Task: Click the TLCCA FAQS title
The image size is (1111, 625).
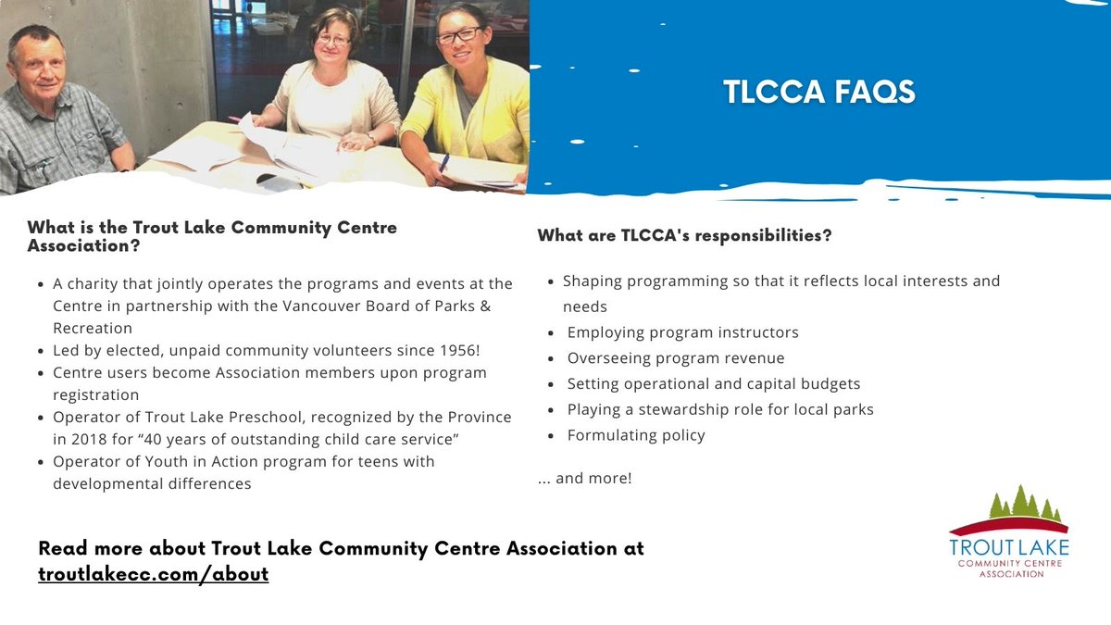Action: pyautogui.click(x=818, y=92)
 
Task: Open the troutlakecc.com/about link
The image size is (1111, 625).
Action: pyautogui.click(x=153, y=574)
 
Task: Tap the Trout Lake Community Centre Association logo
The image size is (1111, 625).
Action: pyautogui.click(x=1009, y=532)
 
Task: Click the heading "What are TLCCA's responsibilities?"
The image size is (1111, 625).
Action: pyautogui.click(x=684, y=236)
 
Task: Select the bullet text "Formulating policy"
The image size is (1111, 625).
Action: pyautogui.click(x=636, y=435)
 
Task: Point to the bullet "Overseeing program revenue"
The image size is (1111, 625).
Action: pyautogui.click(x=675, y=357)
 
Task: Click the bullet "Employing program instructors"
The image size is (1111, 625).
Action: pyautogui.click(x=682, y=331)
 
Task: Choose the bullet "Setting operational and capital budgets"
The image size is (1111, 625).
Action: pyautogui.click(x=713, y=383)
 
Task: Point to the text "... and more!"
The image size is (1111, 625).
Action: pyautogui.click(x=584, y=479)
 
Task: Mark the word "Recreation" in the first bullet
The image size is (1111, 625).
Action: pyautogui.click(x=93, y=329)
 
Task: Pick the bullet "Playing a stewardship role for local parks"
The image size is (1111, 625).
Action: pyautogui.click(x=720, y=409)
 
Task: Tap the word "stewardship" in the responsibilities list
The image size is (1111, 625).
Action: pyautogui.click(x=683, y=409)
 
